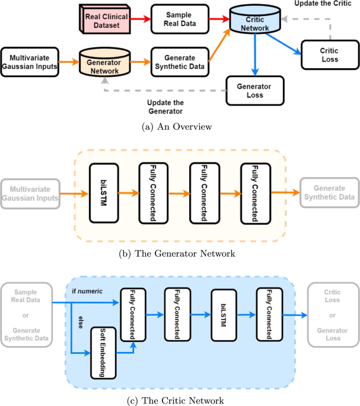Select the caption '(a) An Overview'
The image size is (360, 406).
[180, 126]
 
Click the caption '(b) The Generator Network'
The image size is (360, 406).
[180, 253]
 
